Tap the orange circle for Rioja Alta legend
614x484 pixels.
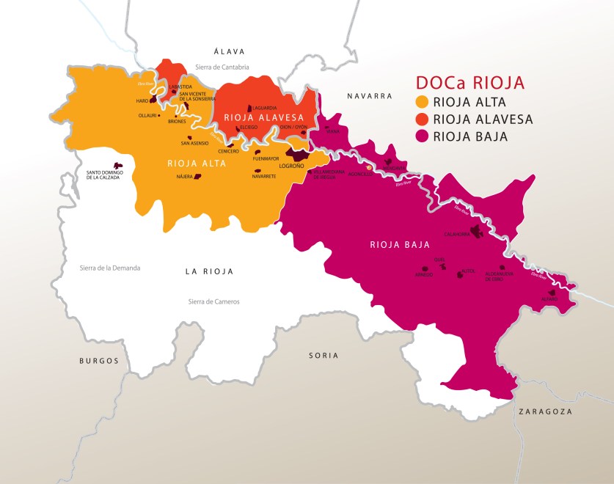[x=422, y=102]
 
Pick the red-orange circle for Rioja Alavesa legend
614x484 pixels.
[x=422, y=119]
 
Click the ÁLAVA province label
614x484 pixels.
[x=228, y=51]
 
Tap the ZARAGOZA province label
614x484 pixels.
[x=544, y=411]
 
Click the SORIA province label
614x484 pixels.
[x=324, y=355]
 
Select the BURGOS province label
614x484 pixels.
[x=98, y=361]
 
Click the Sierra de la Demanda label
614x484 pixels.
[x=110, y=268]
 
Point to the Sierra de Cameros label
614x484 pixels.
[x=213, y=301]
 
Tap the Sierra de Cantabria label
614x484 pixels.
[x=222, y=67]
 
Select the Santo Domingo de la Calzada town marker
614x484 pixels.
[x=116, y=166]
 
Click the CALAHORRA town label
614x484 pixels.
[x=456, y=235]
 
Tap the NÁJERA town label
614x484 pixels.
[x=184, y=177]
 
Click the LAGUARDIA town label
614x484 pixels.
[x=264, y=108]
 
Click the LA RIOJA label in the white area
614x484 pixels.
[x=208, y=271]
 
